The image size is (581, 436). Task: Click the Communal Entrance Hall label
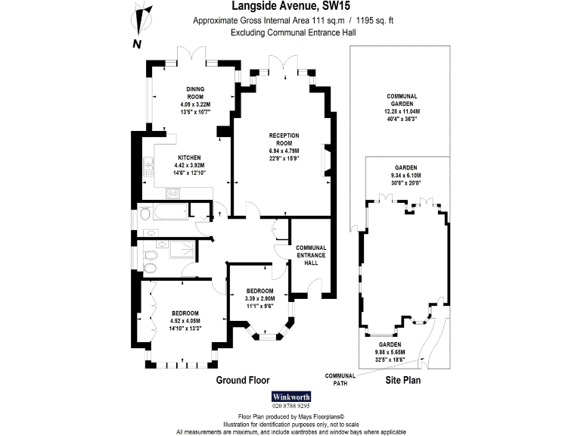tap(311, 255)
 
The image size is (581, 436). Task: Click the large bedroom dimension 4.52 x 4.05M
tap(185, 321)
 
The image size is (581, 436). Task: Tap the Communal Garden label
tap(402, 96)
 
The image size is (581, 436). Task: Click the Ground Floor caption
tap(243, 380)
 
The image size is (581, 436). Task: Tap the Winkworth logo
tap(290, 397)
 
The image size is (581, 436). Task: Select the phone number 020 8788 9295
tap(290, 406)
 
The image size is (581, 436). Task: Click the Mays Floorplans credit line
tap(290, 416)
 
